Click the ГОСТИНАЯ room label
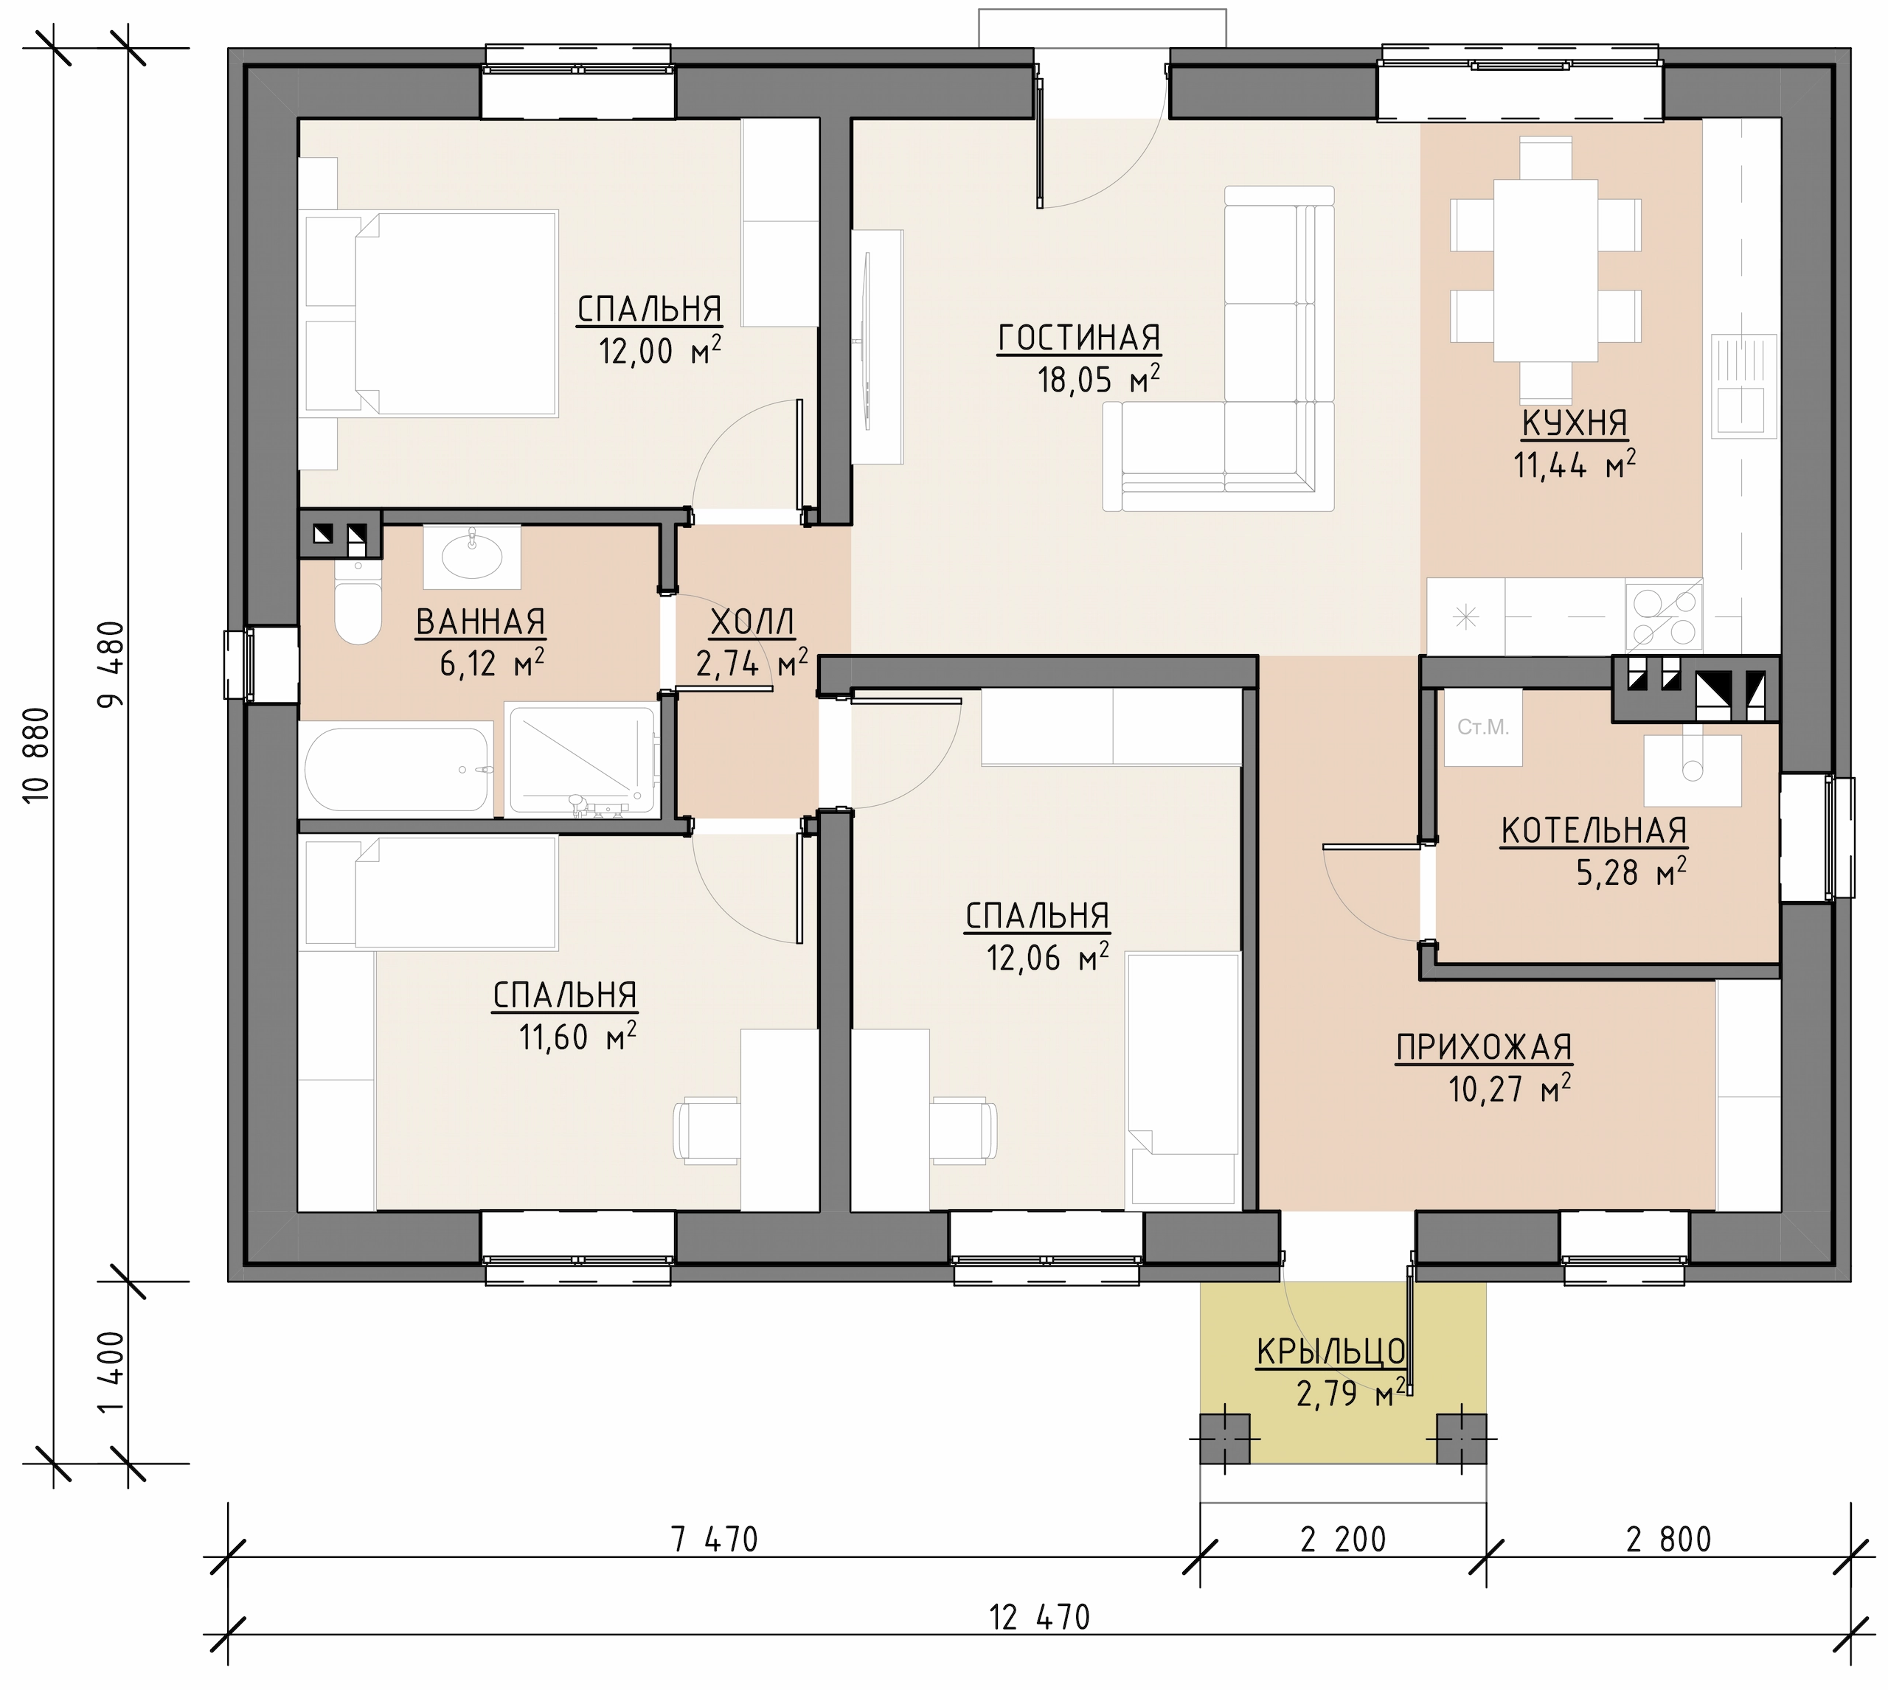click(x=1079, y=337)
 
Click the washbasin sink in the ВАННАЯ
click(x=472, y=556)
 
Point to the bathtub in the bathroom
click(x=397, y=770)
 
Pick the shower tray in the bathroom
click(x=580, y=759)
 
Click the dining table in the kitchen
click(x=1545, y=270)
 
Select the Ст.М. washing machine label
click(x=1483, y=727)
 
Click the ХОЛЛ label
click(x=752, y=622)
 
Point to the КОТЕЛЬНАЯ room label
click(x=1594, y=831)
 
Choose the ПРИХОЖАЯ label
click(x=1484, y=1048)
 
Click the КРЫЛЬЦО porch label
click(x=1330, y=1352)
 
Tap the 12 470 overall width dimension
click(x=1039, y=1618)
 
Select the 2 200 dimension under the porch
click(x=1343, y=1540)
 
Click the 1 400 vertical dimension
click(x=111, y=1372)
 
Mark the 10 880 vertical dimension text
click(x=35, y=755)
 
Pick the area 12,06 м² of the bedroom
click(x=1047, y=957)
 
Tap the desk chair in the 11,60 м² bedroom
click(x=707, y=1129)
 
